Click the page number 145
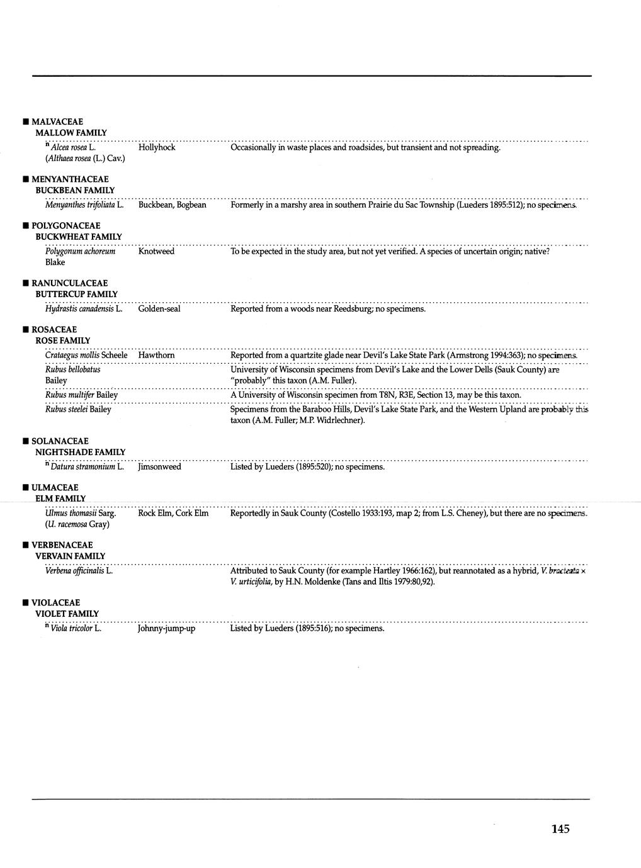click(x=560, y=829)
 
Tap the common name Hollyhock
click(x=157, y=147)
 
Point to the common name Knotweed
click(x=156, y=252)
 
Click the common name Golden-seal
click(x=159, y=309)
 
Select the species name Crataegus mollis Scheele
click(x=86, y=356)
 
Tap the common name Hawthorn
click(x=157, y=356)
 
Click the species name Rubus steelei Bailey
click(x=78, y=409)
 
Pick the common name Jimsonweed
click(x=159, y=467)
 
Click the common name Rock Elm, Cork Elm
click(x=173, y=514)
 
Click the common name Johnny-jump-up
click(x=166, y=629)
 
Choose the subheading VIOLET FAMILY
click(x=67, y=614)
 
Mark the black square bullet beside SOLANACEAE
click(x=25, y=441)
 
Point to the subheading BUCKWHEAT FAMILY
click(x=79, y=237)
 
